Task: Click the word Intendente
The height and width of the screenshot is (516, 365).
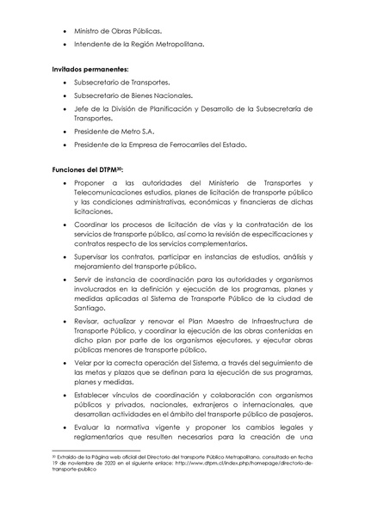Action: pyautogui.click(x=94, y=44)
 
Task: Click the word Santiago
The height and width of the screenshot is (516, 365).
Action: pyautogui.click(x=90, y=307)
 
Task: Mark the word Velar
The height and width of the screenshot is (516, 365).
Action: pyautogui.click(x=84, y=363)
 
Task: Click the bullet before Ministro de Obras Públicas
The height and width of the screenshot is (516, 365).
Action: pyautogui.click(x=67, y=30)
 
